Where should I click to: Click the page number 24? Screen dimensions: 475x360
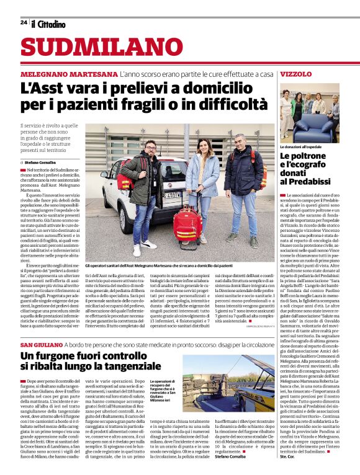[23, 22]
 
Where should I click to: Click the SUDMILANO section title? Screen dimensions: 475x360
[93, 47]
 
